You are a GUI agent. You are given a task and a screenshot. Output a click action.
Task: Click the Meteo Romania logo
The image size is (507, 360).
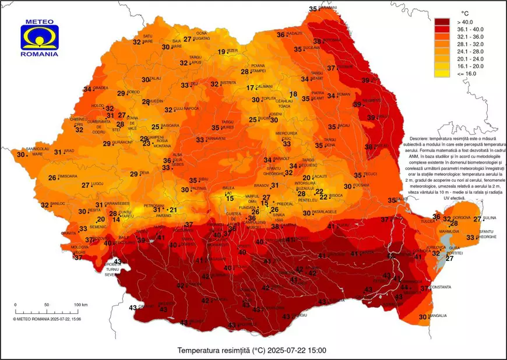click(x=39, y=38)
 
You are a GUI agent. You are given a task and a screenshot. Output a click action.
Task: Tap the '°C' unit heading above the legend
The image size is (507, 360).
click(x=465, y=13)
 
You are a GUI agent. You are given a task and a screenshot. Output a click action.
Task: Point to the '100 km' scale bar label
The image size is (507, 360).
click(x=80, y=305)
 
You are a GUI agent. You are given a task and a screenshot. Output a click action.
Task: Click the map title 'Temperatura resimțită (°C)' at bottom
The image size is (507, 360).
click(x=252, y=351)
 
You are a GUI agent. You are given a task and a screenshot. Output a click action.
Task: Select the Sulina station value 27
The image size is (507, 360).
click(x=477, y=219)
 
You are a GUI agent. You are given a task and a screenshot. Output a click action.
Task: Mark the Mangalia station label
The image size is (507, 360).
click(x=438, y=316)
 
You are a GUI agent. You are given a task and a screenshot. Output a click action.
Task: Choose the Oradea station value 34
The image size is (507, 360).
click(x=87, y=89)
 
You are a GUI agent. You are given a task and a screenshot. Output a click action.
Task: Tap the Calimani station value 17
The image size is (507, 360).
click(x=251, y=88)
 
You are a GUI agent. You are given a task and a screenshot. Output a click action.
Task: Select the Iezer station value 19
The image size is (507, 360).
click(x=221, y=52)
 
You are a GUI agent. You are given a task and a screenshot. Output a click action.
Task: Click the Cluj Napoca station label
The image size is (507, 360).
click(x=187, y=109)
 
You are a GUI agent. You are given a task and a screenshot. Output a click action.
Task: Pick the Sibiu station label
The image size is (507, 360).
click(x=204, y=179)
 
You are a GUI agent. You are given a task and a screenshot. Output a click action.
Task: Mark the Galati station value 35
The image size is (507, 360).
click(x=392, y=200)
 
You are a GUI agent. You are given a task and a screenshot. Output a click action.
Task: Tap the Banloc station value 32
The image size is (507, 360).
click(x=45, y=205)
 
